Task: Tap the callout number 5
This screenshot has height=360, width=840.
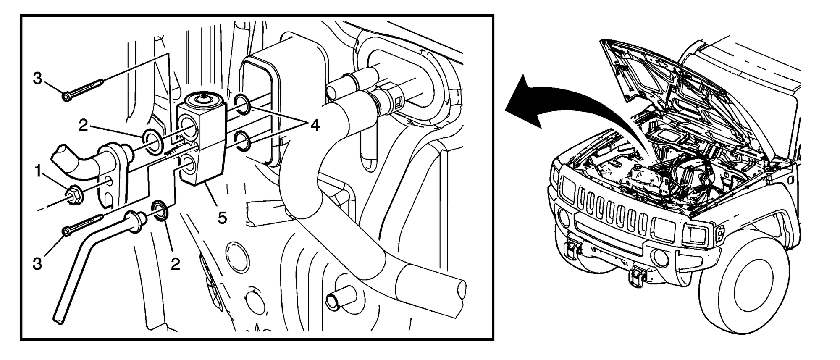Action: (x=222, y=217)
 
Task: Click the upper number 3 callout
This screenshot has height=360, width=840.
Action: (x=38, y=78)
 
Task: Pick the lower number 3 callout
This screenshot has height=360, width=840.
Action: (x=38, y=264)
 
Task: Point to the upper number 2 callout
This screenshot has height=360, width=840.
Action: (x=83, y=125)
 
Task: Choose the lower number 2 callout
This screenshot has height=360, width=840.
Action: (x=175, y=263)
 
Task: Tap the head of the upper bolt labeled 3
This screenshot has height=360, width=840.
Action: (x=66, y=97)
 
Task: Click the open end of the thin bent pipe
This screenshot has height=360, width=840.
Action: (x=59, y=319)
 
